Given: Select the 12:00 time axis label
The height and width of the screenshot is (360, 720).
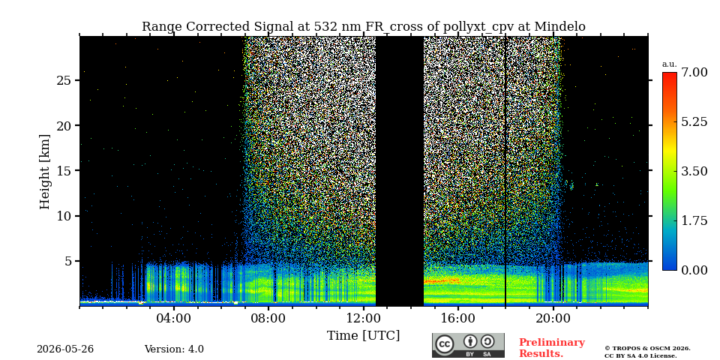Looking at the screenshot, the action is click(364, 318).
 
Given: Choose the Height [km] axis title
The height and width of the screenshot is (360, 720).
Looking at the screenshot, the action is click(44, 171).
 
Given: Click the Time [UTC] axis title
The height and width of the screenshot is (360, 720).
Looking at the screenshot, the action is click(363, 336).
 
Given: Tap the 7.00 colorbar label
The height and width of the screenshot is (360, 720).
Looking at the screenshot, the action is click(694, 72).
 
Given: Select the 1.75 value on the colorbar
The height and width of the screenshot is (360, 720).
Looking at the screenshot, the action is click(694, 220).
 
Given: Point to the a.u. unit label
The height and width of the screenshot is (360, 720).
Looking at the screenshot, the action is click(670, 64).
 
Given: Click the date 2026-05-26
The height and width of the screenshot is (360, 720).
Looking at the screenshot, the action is click(65, 349).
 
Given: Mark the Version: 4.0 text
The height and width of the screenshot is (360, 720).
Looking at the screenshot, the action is click(174, 349).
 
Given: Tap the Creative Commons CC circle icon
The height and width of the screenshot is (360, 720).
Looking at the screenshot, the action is click(445, 344).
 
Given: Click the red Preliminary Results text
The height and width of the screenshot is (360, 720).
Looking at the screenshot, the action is click(552, 347).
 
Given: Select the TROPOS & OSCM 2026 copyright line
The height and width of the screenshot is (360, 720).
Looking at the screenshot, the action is click(647, 349).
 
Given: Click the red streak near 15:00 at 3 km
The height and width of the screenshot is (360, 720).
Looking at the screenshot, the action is click(441, 280).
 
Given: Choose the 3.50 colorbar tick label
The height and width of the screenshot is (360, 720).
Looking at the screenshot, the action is click(694, 171).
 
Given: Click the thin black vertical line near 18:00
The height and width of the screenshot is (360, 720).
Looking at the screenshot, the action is click(505, 171).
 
